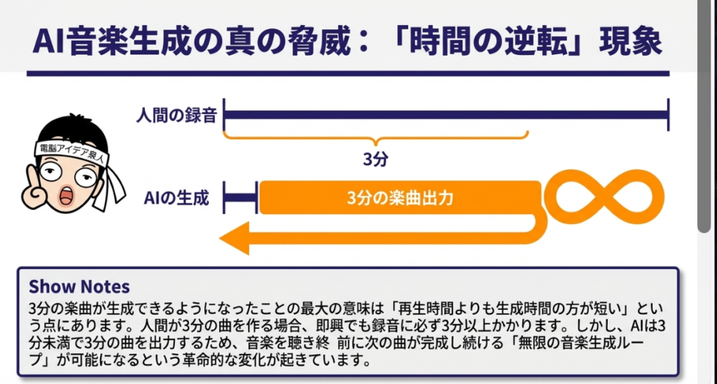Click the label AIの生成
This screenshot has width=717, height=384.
click(176, 198)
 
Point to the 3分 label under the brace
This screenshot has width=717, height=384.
click(375, 159)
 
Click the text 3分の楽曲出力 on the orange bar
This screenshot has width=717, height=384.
click(400, 198)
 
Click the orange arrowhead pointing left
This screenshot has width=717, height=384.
click(235, 240)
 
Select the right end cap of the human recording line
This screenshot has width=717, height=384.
click(668, 115)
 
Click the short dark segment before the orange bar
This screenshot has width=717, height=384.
click(240, 198)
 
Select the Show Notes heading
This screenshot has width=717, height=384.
click(79, 287)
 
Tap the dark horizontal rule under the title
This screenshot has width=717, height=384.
click(347, 73)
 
